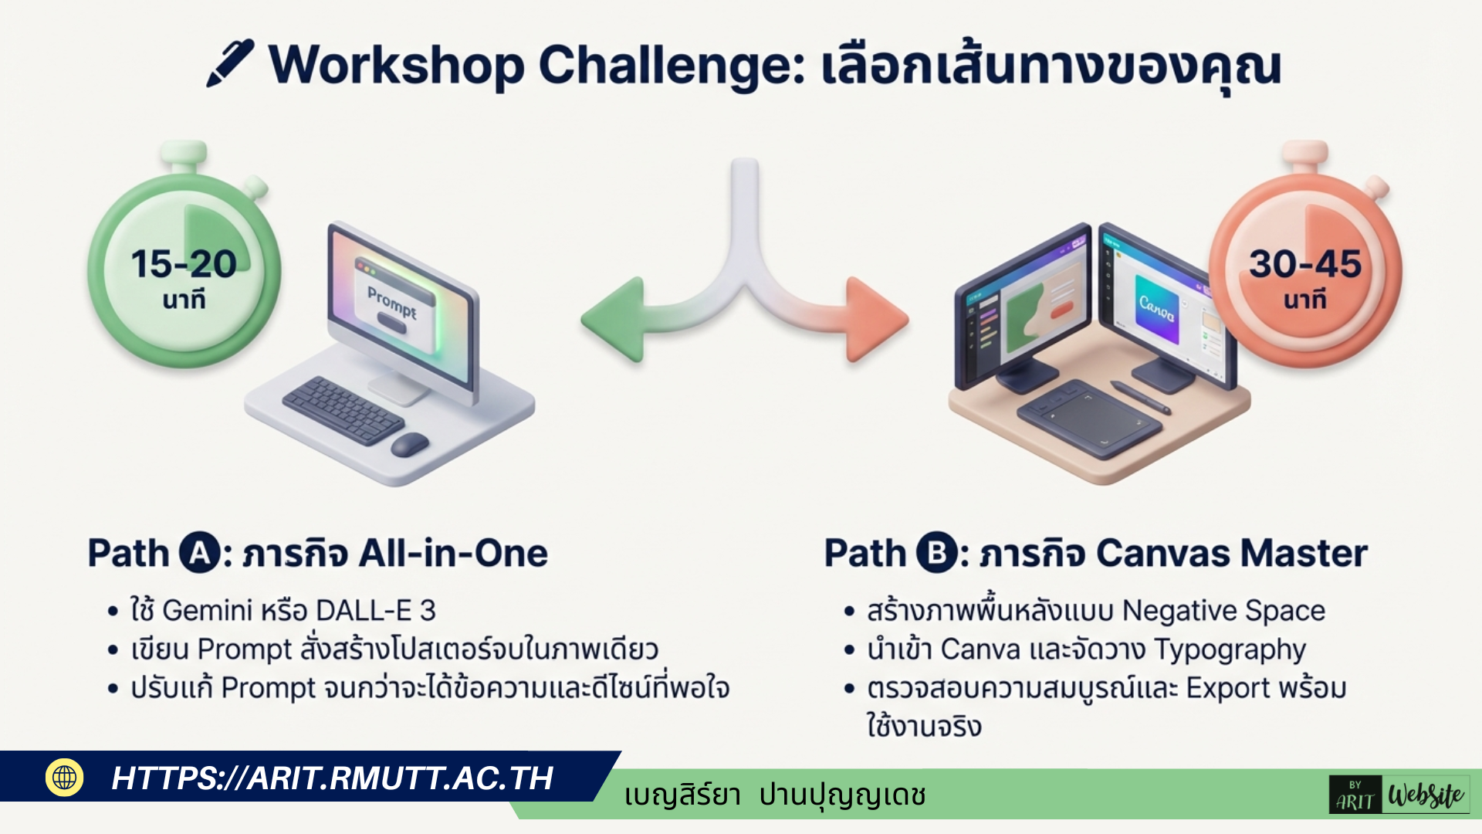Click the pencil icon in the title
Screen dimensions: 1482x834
pyautogui.click(x=230, y=63)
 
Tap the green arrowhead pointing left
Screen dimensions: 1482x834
pyautogui.click(x=611, y=319)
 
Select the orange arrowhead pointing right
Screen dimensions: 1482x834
pyautogui.click(x=878, y=319)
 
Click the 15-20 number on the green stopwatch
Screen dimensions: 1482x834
pyautogui.click(x=184, y=264)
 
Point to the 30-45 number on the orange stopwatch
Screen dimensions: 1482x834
pyautogui.click(x=1305, y=264)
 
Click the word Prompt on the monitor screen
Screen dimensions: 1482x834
pyautogui.click(x=392, y=302)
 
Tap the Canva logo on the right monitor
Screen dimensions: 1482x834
pyautogui.click(x=1157, y=308)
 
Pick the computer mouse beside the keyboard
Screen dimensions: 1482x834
pyautogui.click(x=410, y=444)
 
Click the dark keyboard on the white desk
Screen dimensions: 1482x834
pyautogui.click(x=343, y=410)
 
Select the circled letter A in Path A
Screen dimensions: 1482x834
pyautogui.click(x=200, y=553)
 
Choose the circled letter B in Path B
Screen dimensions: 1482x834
pyautogui.click(x=937, y=553)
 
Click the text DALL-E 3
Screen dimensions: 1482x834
pyautogui.click(x=376, y=611)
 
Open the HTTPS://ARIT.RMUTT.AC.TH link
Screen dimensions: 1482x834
pyautogui.click(x=333, y=778)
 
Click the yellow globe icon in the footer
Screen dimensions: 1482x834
pyautogui.click(x=65, y=778)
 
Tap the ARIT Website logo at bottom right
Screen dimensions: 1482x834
pyautogui.click(x=1399, y=795)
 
